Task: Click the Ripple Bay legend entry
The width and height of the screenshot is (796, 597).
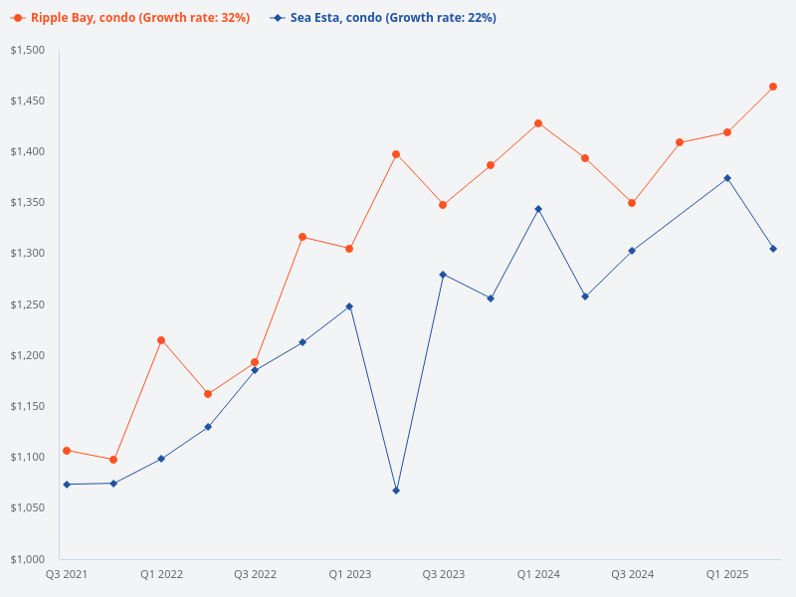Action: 130,18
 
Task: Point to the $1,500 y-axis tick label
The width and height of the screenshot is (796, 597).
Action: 29,50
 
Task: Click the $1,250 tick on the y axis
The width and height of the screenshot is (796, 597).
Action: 29,304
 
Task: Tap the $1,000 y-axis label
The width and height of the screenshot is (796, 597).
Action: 29,558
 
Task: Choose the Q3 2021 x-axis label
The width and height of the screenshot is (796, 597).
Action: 67,574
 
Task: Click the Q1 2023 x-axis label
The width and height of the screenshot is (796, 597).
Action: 349,574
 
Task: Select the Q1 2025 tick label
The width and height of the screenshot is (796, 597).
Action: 727,574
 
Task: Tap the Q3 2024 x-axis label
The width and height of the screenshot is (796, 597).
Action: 633,574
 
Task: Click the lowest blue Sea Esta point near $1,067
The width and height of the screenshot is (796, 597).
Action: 396,491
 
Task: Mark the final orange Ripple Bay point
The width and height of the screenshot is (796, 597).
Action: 773,87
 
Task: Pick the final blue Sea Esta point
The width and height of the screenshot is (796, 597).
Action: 773,249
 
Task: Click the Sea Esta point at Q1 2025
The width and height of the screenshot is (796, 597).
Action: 727,178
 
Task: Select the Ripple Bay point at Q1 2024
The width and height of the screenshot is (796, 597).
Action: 538,123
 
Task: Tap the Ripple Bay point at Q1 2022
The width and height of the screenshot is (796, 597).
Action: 161,340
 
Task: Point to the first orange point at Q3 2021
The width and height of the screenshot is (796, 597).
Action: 67,451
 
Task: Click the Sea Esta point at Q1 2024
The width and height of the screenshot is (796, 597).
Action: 538,209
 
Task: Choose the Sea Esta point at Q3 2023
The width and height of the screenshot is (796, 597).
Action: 443,275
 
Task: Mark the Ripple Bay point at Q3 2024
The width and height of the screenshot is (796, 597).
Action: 632,203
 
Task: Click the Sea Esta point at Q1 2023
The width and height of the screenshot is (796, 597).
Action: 349,306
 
